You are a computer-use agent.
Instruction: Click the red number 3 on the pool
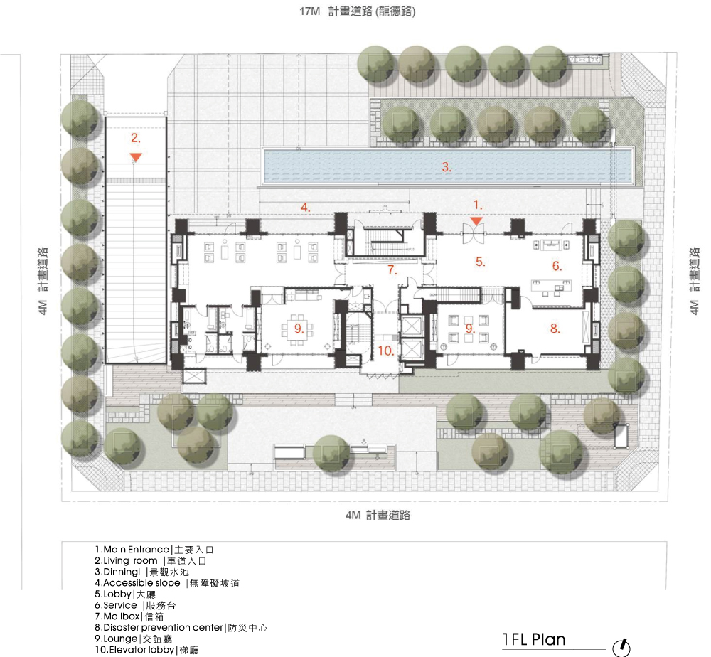point(447,167)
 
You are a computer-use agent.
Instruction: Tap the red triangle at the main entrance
point(476,221)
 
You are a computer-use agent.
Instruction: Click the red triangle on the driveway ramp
point(136,157)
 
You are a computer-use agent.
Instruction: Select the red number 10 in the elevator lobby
point(385,351)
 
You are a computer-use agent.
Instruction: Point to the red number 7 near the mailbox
point(392,270)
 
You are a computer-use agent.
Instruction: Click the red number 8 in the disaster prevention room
point(555,328)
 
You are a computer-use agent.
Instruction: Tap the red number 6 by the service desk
point(557,266)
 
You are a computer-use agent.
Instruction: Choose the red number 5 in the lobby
point(480,262)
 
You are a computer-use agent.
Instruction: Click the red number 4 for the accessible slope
point(305,208)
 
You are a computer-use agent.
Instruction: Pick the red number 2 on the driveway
point(136,138)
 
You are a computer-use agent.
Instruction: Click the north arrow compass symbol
point(621,648)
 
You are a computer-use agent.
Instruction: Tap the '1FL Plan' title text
point(534,639)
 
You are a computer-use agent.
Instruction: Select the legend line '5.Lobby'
point(124,594)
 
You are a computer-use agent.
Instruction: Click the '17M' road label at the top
point(310,11)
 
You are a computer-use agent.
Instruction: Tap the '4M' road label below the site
point(353,515)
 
